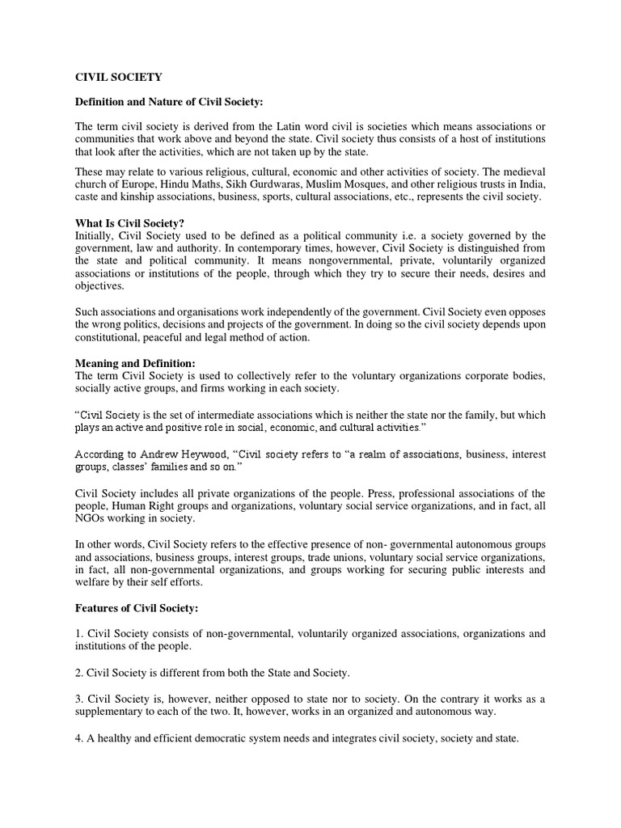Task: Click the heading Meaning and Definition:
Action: [135, 363]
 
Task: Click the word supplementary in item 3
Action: [112, 712]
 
